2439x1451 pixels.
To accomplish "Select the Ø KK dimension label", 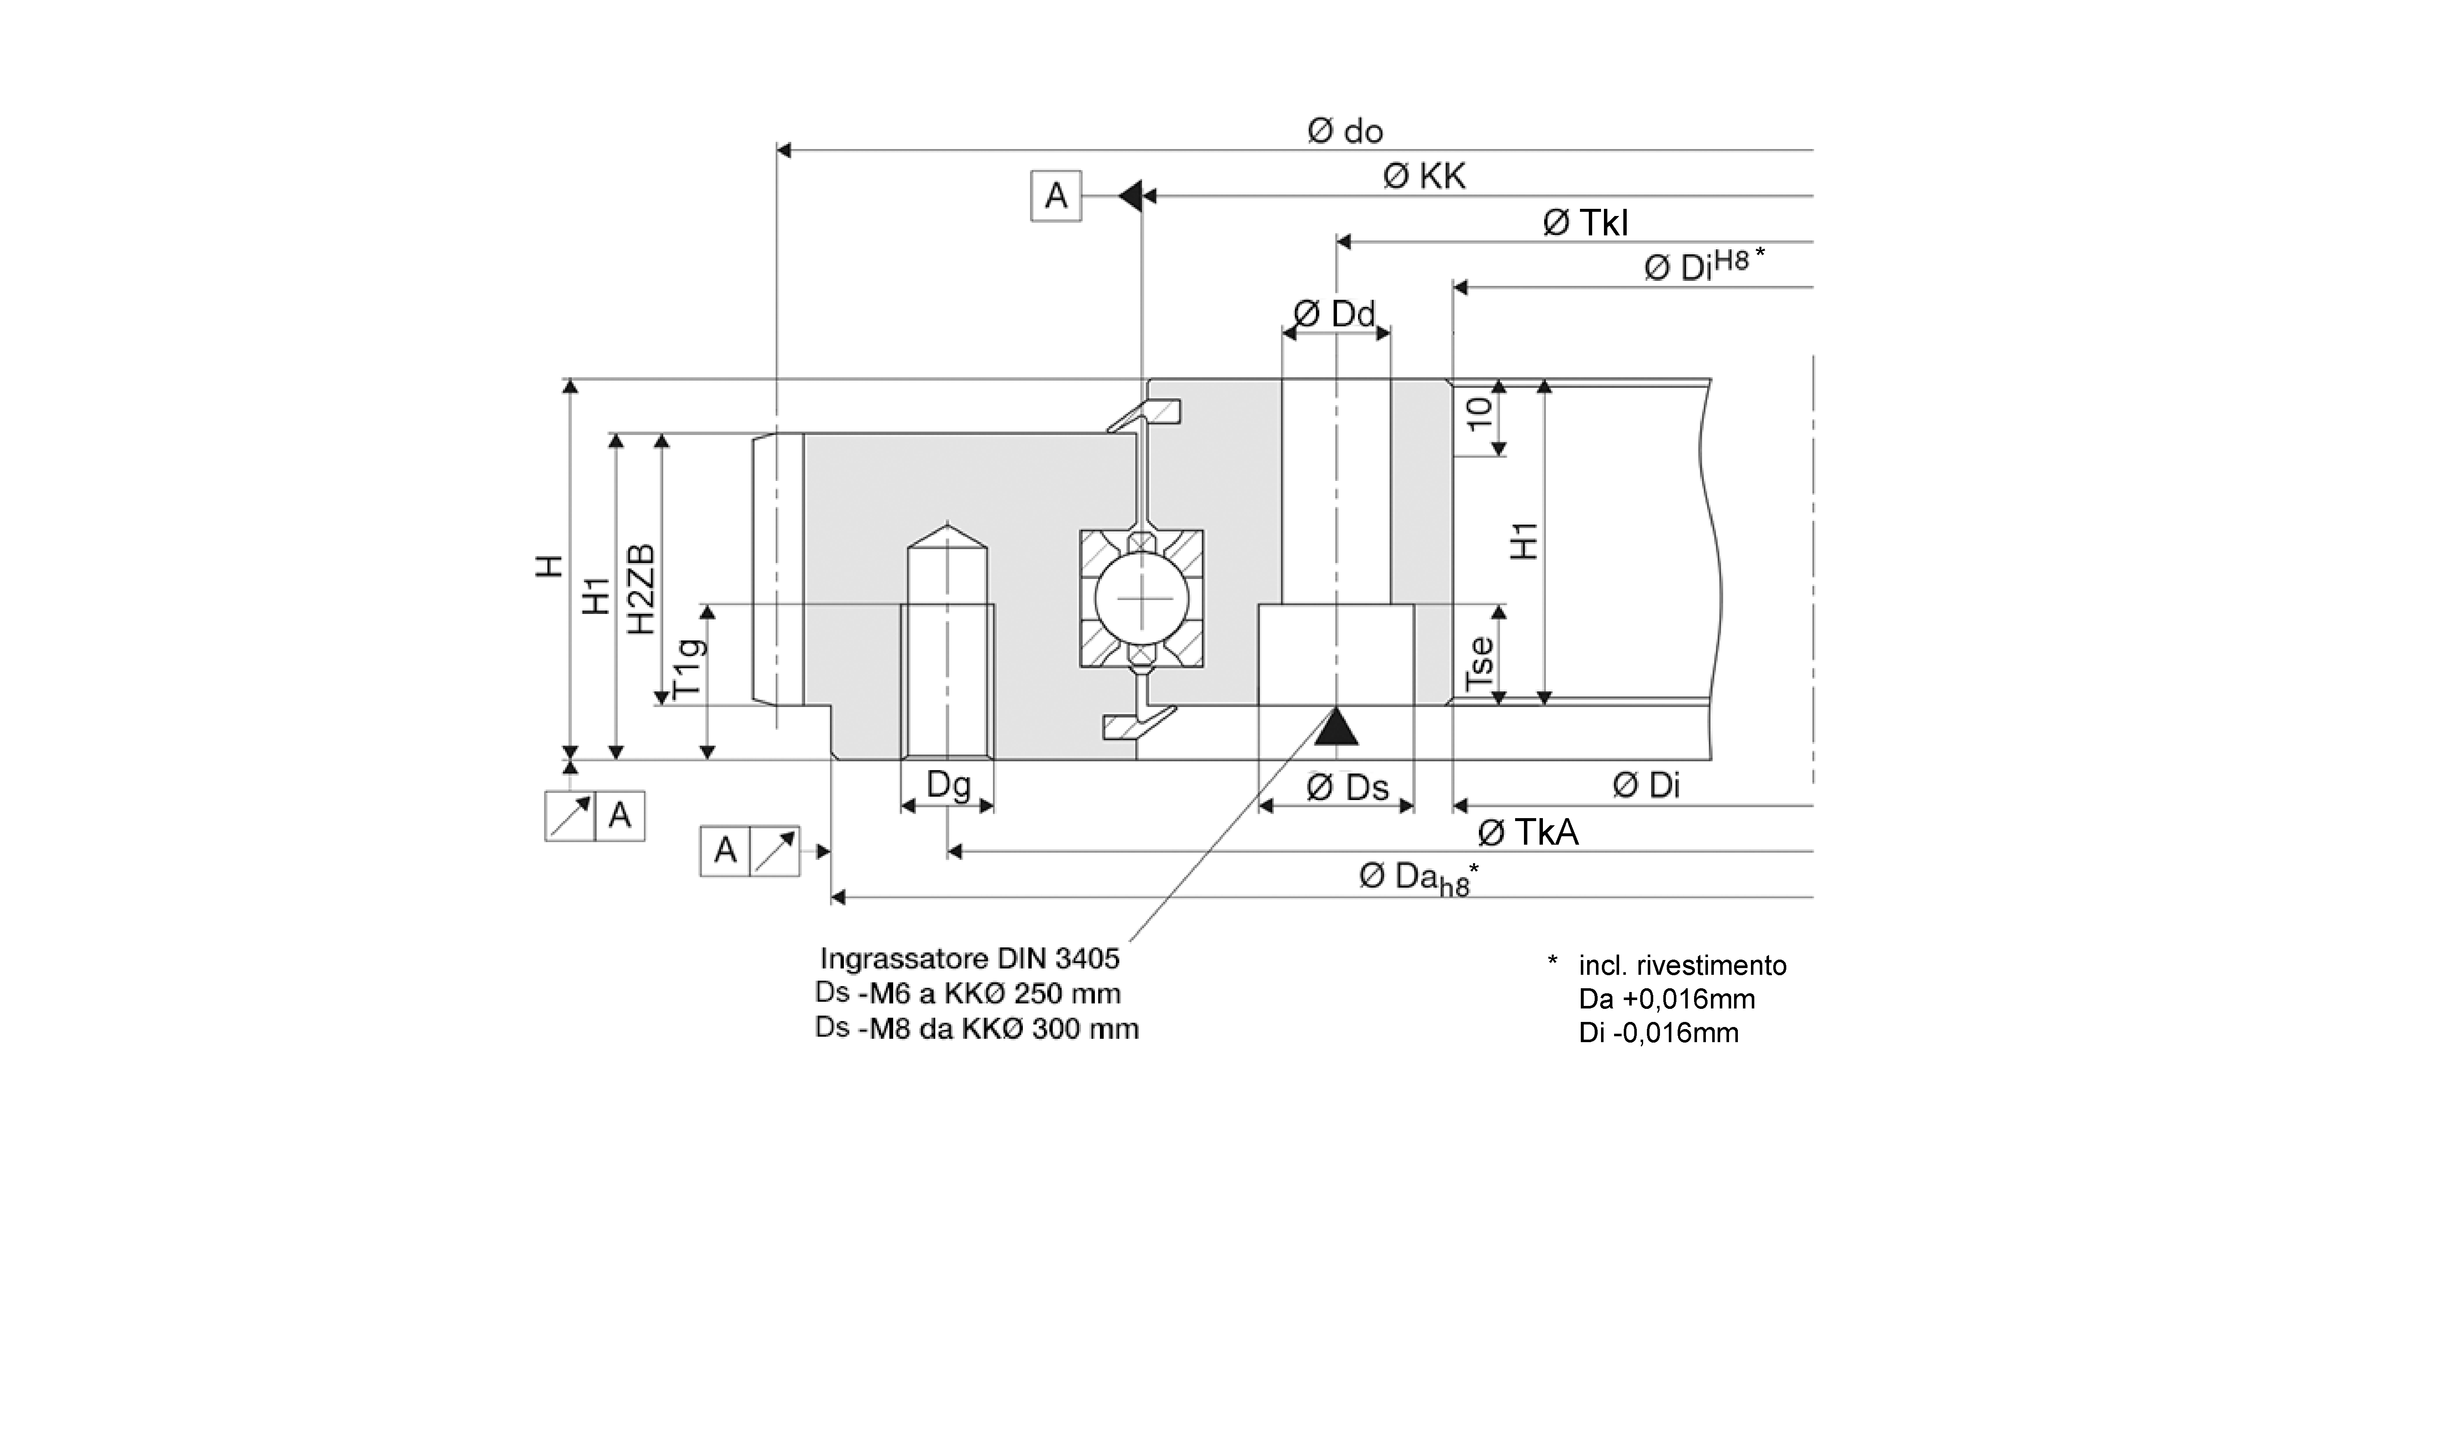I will (x=1424, y=177).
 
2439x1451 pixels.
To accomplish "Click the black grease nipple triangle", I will (x=1336, y=728).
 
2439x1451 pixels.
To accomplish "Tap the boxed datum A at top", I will (x=1056, y=197).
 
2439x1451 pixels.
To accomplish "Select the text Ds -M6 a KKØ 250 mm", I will (x=968, y=993).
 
